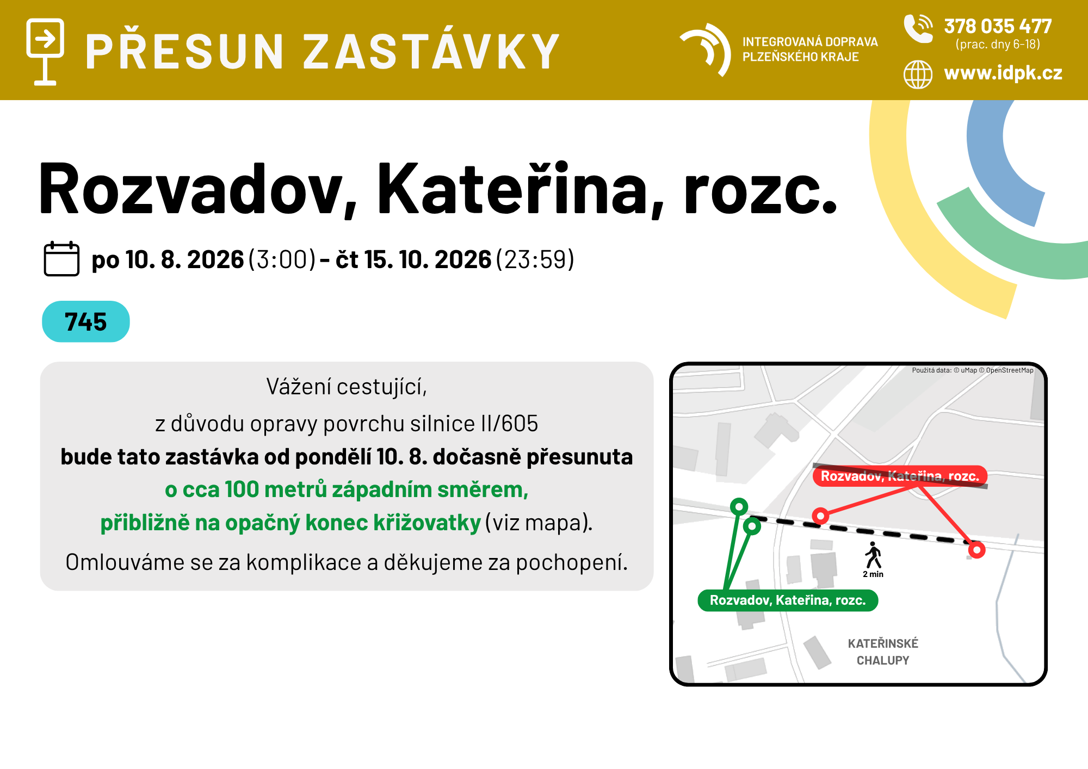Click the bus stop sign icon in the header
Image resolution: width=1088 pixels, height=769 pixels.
click(45, 52)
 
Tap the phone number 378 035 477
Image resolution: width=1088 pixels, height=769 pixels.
click(998, 26)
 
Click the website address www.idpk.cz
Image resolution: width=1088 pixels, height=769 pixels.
click(1003, 73)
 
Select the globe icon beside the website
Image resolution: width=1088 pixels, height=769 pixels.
click(918, 74)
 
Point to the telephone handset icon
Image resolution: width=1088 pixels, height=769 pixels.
click(918, 28)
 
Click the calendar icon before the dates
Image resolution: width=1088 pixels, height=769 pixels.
click(61, 258)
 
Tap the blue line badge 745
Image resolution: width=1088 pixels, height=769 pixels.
click(86, 321)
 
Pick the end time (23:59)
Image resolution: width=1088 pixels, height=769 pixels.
click(535, 259)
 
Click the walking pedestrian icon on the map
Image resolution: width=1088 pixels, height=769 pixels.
click(873, 555)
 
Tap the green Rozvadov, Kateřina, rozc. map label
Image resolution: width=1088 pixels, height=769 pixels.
click(788, 600)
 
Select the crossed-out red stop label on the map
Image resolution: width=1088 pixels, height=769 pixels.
click(900, 476)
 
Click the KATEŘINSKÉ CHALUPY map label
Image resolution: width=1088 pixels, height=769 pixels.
click(883, 652)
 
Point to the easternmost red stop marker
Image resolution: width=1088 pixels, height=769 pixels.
click(977, 550)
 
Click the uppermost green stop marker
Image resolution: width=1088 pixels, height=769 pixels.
click(739, 507)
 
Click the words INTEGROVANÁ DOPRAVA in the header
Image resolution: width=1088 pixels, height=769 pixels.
click(810, 42)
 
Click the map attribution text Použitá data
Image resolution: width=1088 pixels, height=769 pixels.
click(931, 370)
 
